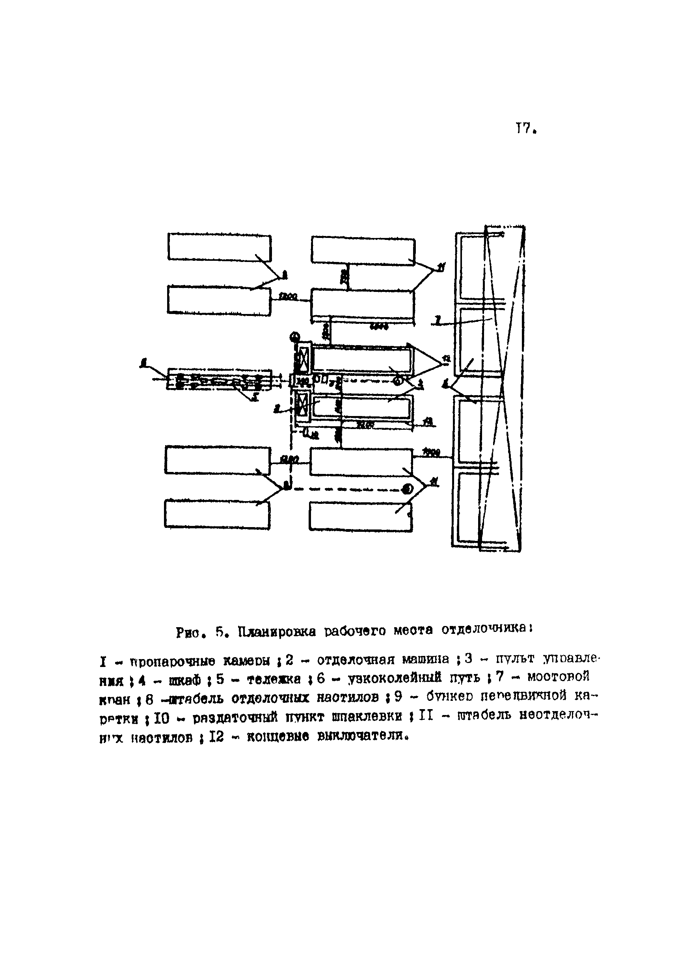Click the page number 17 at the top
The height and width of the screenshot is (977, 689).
point(524,128)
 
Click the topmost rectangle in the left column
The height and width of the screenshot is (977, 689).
point(219,247)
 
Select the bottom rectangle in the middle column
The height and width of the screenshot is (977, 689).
point(360,516)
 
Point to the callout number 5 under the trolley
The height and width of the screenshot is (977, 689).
point(255,397)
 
